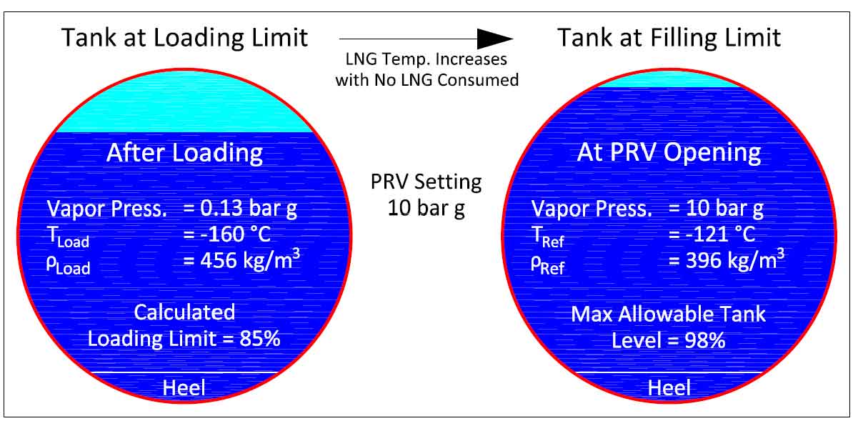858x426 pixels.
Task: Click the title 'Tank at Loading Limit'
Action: pyautogui.click(x=185, y=37)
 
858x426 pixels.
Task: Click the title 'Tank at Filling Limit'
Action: pyautogui.click(x=669, y=37)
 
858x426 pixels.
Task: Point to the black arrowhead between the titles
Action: pyautogui.click(x=495, y=38)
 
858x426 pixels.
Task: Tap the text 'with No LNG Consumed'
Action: pyautogui.click(x=427, y=80)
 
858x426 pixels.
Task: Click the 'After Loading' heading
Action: pyautogui.click(x=184, y=153)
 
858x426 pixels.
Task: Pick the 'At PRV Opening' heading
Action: pyautogui.click(x=669, y=153)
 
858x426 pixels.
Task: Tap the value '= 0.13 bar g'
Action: pyautogui.click(x=240, y=209)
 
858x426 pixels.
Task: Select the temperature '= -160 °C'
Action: pyautogui.click(x=226, y=234)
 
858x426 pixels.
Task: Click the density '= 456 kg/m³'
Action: pyautogui.click(x=241, y=260)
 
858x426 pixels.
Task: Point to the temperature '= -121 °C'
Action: pyautogui.click(x=712, y=234)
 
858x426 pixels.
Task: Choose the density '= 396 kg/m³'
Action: pyautogui.click(x=727, y=260)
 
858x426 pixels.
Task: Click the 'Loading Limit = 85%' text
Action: pyautogui.click(x=184, y=338)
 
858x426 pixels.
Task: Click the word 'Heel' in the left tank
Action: pyautogui.click(x=184, y=387)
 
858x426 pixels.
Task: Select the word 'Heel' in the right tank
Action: pyautogui.click(x=669, y=387)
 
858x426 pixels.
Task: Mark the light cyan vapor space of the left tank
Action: pyautogui.click(x=184, y=107)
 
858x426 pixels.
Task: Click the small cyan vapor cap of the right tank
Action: pyautogui.click(x=669, y=81)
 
